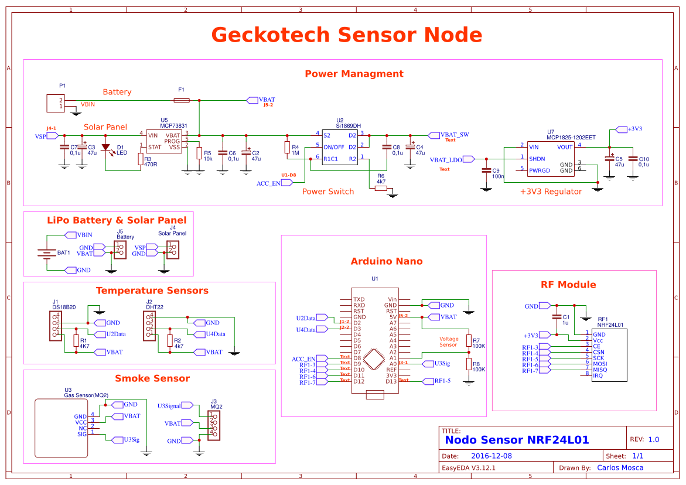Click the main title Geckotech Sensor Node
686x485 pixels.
click(346, 35)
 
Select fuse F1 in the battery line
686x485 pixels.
click(182, 101)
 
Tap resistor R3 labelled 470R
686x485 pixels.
click(141, 159)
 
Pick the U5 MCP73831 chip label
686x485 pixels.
click(174, 126)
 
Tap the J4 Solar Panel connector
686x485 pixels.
click(172, 251)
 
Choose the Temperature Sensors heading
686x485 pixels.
click(152, 291)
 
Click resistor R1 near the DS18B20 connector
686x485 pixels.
click(76, 341)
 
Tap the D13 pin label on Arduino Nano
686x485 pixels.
click(391, 381)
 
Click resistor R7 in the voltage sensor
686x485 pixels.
click(469, 341)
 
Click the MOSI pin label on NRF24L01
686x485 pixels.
click(599, 363)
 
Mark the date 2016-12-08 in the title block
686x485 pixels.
click(492, 456)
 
